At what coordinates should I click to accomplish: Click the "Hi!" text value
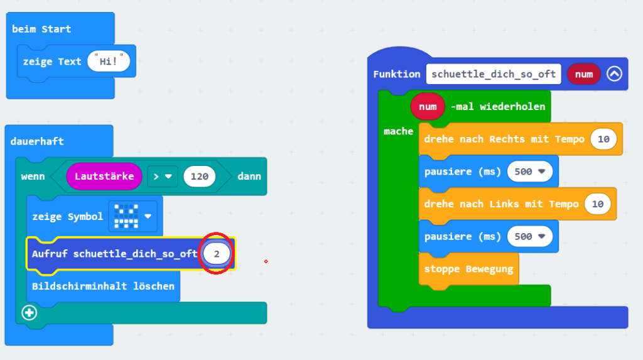pos(109,61)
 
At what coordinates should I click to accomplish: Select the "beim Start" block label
pos(41,29)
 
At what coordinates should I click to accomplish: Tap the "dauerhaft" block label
pos(37,141)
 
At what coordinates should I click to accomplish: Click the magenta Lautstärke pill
pos(104,177)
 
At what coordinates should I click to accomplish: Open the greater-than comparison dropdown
pos(163,177)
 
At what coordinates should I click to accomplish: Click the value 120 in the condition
pos(199,177)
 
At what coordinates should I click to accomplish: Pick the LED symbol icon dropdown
pos(133,216)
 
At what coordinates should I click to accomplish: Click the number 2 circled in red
pos(217,254)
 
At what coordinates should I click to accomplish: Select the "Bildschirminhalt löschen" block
pos(104,286)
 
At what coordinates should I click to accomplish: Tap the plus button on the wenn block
pos(29,313)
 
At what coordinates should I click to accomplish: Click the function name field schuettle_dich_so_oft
pos(494,74)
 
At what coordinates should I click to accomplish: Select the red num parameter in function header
pos(583,74)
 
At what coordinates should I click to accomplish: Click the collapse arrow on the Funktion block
pos(614,74)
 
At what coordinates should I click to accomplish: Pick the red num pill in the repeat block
pos(428,107)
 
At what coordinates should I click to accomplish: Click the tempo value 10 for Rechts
pos(603,139)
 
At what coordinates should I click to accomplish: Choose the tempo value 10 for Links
pos(598,204)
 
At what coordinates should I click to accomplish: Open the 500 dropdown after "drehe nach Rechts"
pos(530,172)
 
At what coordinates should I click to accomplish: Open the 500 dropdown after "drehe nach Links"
pos(530,236)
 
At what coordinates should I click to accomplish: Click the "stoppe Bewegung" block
pos(468,270)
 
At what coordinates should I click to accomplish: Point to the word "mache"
pos(398,131)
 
